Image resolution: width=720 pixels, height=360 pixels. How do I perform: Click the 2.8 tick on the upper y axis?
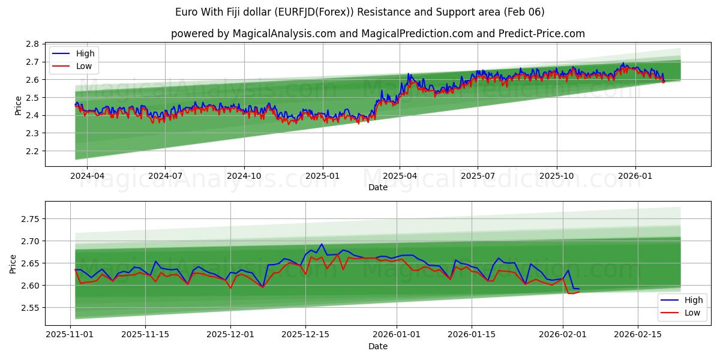pos(32,44)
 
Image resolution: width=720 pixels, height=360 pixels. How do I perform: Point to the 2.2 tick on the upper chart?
pos(32,151)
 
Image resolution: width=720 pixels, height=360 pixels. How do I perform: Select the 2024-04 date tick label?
pos(87,176)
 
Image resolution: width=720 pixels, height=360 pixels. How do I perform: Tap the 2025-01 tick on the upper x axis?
pos(323,176)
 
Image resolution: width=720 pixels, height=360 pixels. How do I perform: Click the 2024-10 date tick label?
pos(244,176)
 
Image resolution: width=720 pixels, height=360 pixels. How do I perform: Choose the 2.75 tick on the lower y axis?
pos(29,219)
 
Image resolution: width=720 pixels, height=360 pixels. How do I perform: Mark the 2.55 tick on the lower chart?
pos(29,308)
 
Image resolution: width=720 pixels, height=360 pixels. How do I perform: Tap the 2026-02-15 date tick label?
pos(635,335)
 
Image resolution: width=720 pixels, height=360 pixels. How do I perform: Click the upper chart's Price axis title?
pos(19,105)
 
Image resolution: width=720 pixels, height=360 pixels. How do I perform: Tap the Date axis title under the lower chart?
pos(378,346)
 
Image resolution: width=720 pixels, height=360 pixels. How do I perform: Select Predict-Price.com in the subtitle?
pos(542,34)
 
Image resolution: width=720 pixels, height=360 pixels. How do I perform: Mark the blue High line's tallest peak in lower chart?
pos(322,244)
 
